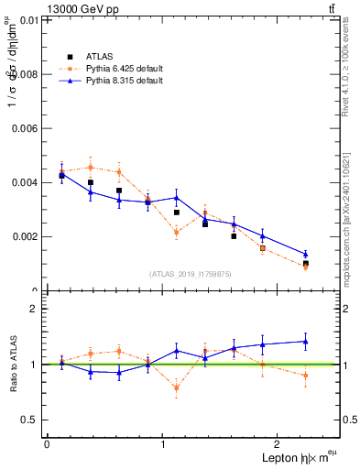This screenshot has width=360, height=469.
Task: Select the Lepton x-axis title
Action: point(287,457)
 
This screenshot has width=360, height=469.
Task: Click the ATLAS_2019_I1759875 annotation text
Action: point(191,273)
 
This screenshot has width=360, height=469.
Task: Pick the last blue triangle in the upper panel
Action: point(306,254)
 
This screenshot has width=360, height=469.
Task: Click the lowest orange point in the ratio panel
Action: point(177,387)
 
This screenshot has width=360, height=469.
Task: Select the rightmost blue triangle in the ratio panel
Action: point(306,342)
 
